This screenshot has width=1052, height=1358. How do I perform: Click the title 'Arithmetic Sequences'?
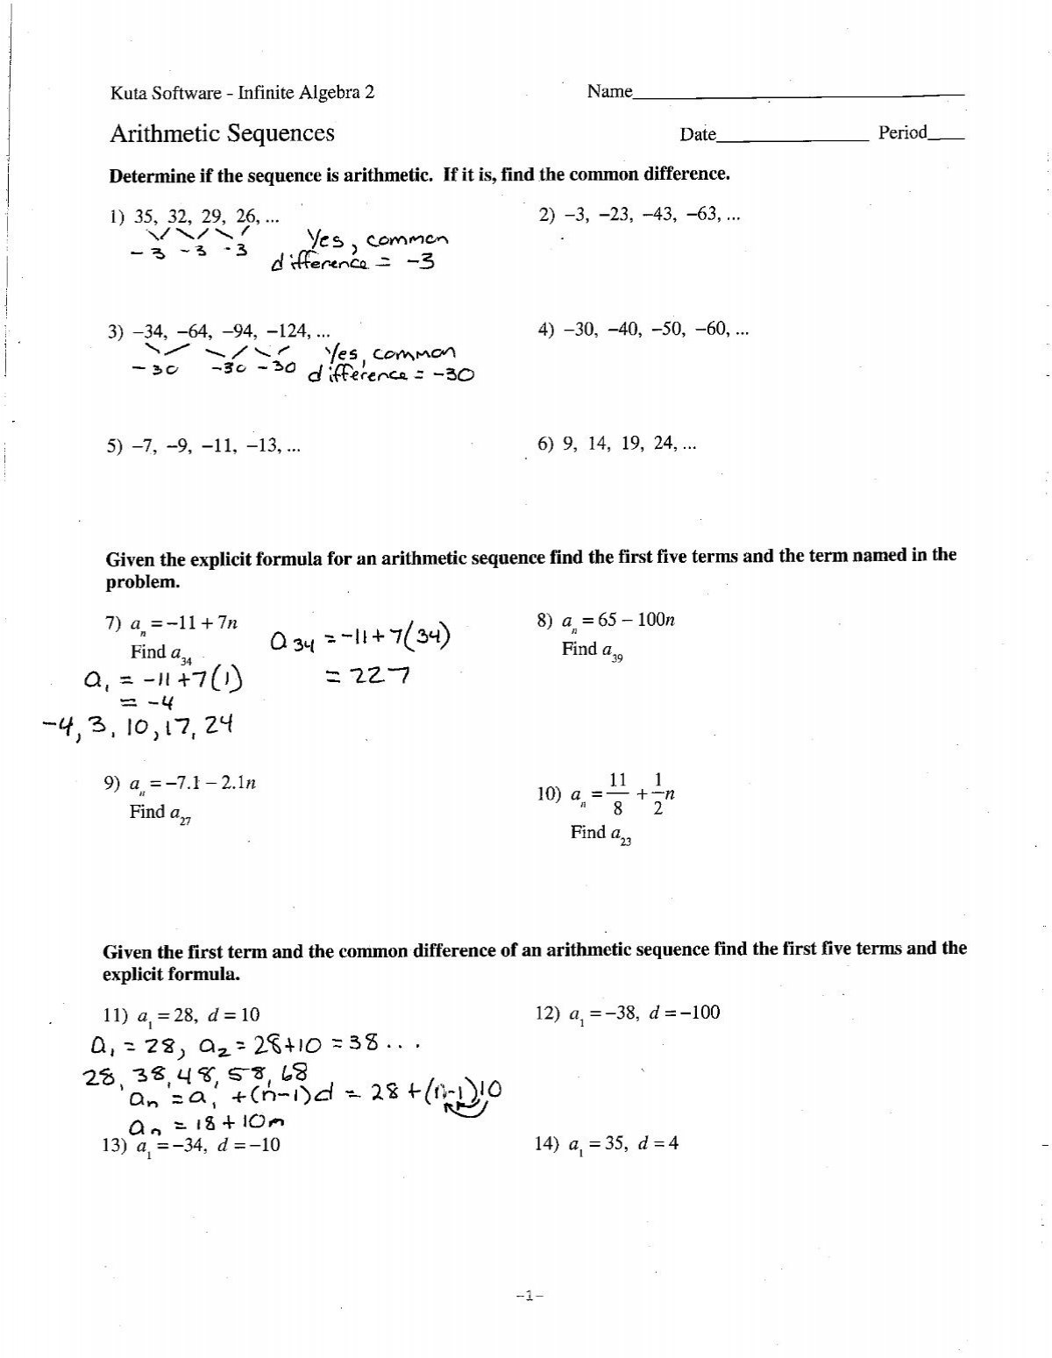click(x=222, y=133)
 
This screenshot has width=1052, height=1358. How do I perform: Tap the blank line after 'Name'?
click(x=798, y=93)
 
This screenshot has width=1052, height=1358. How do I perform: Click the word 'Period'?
click(x=902, y=133)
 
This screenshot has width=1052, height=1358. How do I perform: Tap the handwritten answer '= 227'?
click(x=361, y=677)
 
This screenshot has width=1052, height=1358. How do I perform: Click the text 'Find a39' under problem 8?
click(x=592, y=651)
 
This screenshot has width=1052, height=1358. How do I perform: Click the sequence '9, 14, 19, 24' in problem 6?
click(x=617, y=444)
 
